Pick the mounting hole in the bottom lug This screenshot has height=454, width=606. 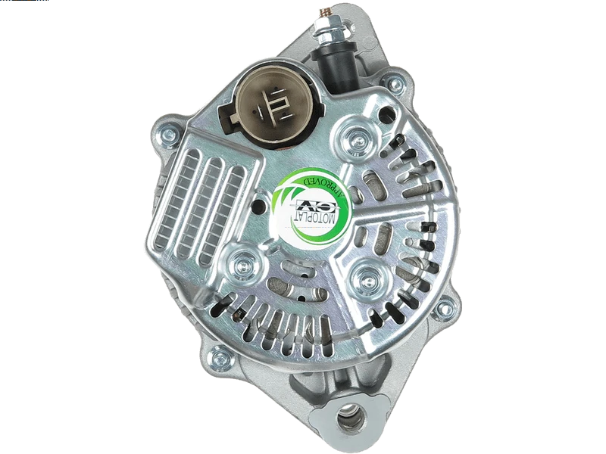(350, 418)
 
